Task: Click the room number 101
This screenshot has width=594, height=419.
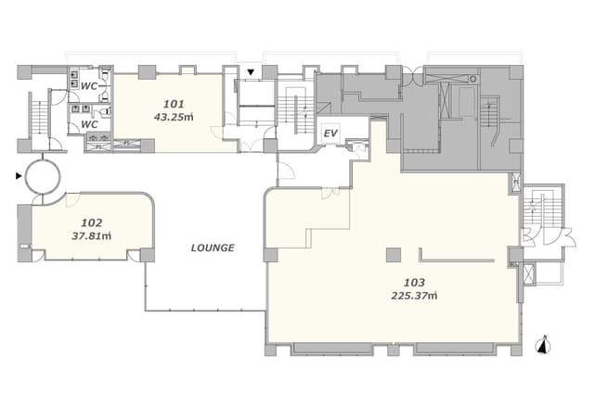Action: (x=174, y=104)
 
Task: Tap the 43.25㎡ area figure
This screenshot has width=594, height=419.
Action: (x=174, y=117)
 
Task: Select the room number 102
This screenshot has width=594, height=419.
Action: (x=92, y=222)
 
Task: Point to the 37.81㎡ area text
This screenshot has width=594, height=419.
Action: (x=92, y=236)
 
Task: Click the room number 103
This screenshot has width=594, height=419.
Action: (x=414, y=283)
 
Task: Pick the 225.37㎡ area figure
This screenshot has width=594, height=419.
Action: (x=414, y=296)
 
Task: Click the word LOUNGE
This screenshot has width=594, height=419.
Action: (x=213, y=248)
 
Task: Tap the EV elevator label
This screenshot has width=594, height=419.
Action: (x=330, y=133)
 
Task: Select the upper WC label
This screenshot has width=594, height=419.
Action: (x=89, y=86)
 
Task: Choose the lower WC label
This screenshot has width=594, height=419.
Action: (x=89, y=124)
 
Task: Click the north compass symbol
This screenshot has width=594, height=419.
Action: (x=543, y=345)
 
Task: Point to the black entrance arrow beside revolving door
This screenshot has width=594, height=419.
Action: (x=19, y=175)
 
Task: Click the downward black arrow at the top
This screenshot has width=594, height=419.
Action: (x=251, y=72)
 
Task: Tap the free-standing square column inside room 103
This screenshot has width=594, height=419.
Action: (x=394, y=255)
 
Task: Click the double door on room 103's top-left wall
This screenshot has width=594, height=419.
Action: (x=330, y=193)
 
